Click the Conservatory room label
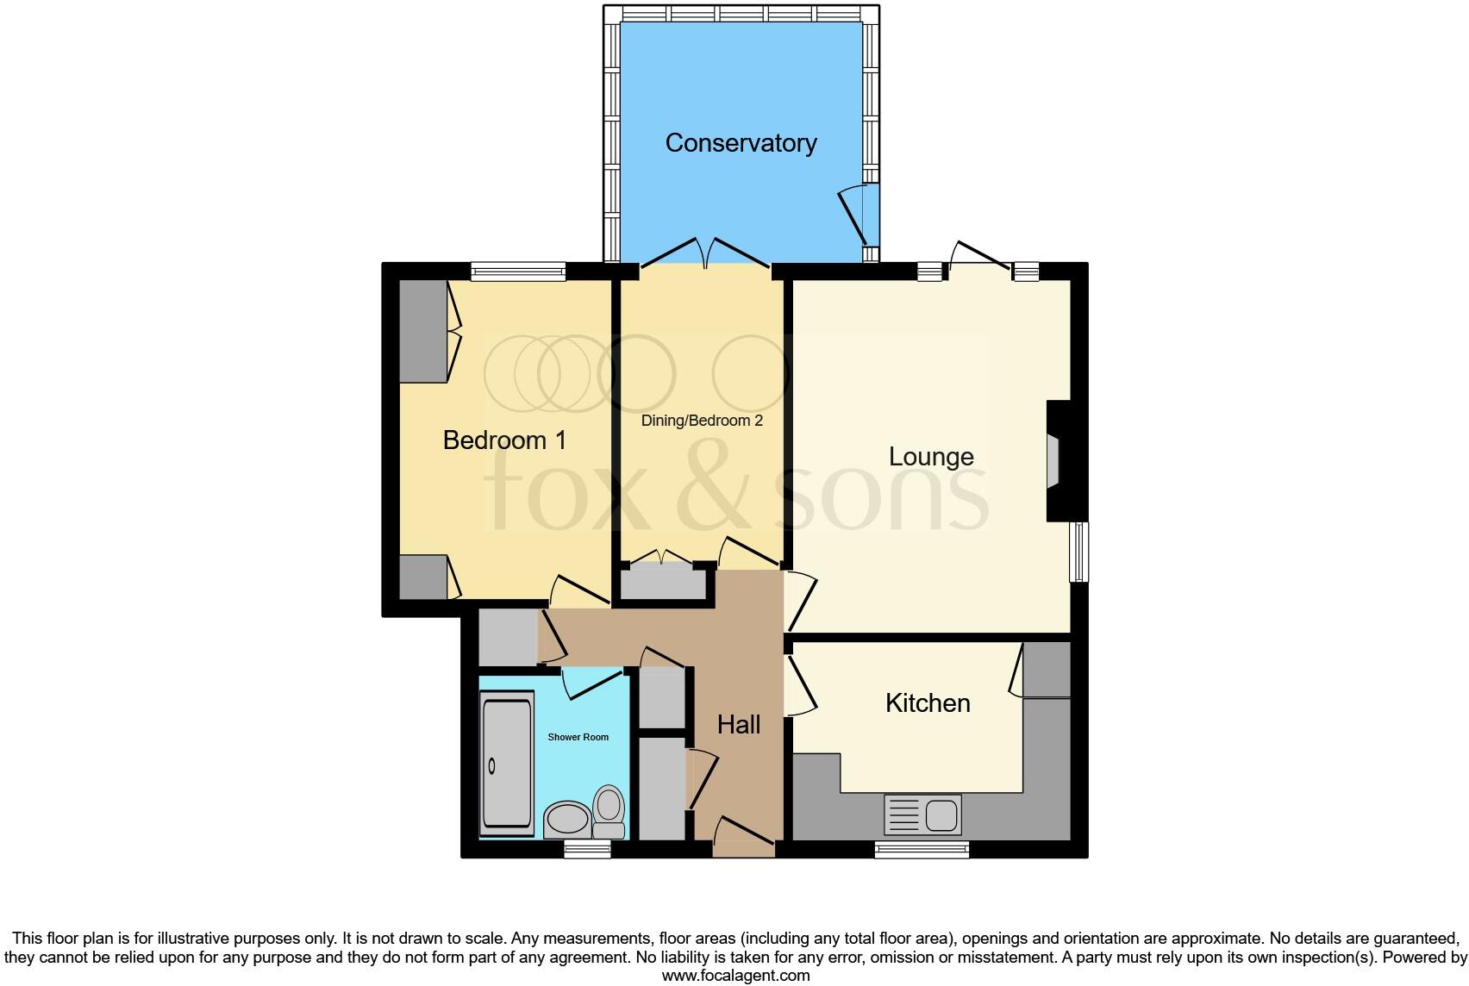[741, 143]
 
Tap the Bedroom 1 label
[504, 440]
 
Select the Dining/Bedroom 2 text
[702, 421]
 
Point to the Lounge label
[931, 457]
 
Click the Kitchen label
[928, 703]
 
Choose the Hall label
[739, 725]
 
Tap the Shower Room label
[578, 737]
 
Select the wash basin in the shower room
[566, 819]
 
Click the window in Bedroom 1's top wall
[518, 271]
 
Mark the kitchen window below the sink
[922, 850]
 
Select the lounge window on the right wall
[1078, 552]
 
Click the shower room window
[587, 850]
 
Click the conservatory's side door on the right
[858, 215]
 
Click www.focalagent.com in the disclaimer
[735, 976]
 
